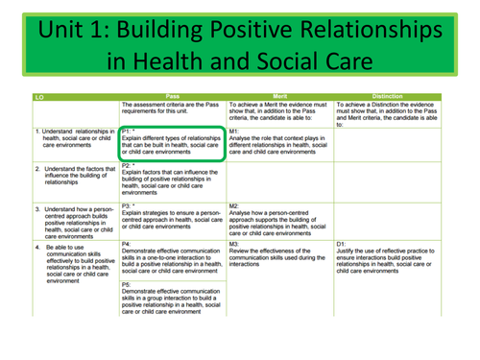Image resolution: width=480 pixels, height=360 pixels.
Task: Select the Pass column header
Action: [174, 98]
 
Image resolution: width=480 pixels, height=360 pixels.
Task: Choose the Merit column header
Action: [279, 98]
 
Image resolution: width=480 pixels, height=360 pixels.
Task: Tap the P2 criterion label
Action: [129, 166]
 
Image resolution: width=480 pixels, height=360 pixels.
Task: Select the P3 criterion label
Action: [129, 204]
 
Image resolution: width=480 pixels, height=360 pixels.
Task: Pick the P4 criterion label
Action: [128, 243]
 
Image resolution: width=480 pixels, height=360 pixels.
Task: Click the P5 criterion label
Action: [128, 284]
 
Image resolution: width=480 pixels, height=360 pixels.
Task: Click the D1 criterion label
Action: [339, 243]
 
